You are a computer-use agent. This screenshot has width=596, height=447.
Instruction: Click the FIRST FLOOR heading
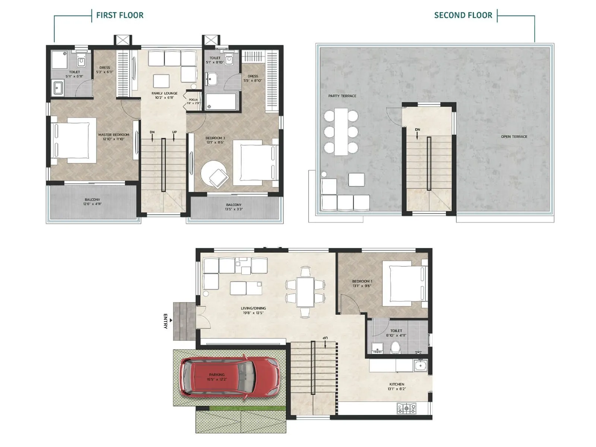[120, 15]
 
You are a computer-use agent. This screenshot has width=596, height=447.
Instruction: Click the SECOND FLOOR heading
[463, 15]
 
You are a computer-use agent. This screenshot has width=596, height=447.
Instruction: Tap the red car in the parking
[229, 377]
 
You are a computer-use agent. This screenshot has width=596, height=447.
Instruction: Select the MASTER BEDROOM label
[114, 135]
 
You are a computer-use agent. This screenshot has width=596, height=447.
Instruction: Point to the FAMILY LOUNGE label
[164, 93]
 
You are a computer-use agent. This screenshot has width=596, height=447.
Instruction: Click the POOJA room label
[193, 100]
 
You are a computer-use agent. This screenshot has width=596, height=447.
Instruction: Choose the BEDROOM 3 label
[215, 138]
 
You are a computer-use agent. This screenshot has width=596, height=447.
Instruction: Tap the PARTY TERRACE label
[342, 96]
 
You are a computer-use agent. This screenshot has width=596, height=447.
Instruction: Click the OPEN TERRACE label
[514, 137]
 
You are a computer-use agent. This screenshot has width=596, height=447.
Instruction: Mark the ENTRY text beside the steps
[166, 321]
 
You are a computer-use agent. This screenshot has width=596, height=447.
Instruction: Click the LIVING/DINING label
[253, 308]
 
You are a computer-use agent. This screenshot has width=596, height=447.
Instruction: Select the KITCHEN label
[397, 384]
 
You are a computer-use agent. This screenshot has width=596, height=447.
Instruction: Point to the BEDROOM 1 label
[362, 282]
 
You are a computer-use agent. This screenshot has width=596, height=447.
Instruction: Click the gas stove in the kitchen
[406, 409]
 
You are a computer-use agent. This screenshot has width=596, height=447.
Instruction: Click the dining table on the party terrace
[341, 131]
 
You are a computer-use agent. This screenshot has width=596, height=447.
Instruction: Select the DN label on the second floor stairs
[418, 130]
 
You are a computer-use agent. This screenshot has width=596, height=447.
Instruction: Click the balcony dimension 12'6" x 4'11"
[92, 204]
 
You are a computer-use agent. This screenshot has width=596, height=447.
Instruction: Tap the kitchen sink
[421, 365]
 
